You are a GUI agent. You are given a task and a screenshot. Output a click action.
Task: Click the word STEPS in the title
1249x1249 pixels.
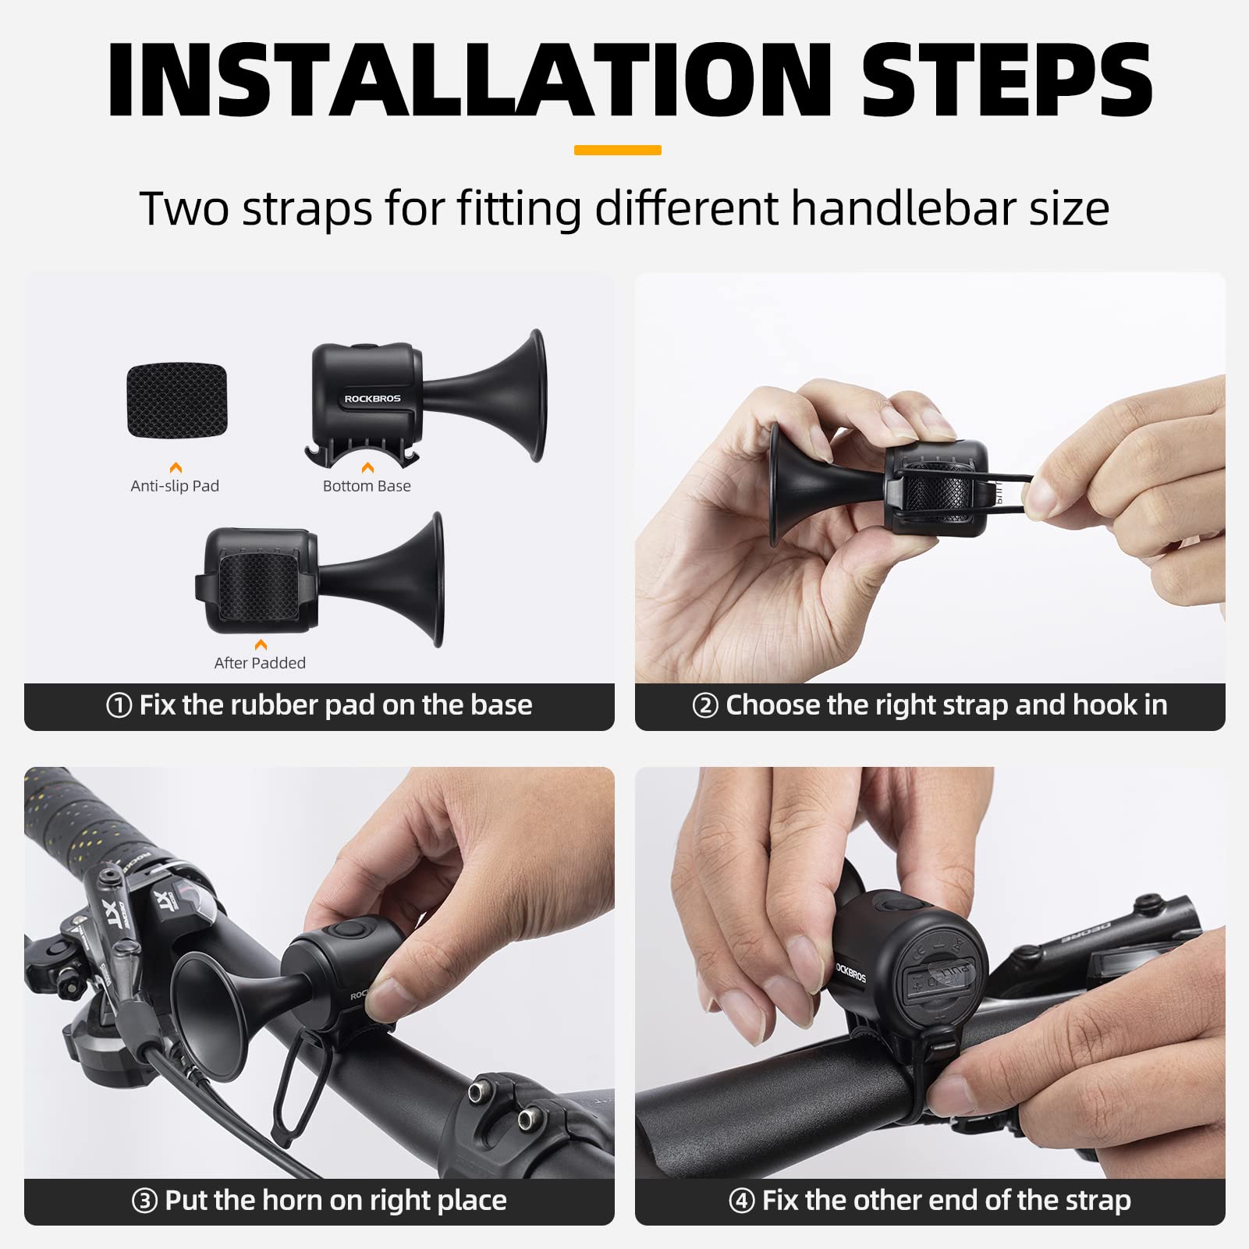1006,80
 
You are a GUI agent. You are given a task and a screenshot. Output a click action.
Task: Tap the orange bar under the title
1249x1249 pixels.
617,150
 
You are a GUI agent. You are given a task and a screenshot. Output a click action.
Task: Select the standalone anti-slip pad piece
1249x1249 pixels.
177,399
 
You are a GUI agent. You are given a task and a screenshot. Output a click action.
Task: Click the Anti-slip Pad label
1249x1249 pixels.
175,486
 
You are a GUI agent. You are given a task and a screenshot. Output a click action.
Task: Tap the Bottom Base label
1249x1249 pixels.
367,486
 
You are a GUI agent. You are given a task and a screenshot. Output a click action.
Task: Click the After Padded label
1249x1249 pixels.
260,663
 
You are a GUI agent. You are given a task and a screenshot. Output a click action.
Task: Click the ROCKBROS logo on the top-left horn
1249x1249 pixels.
372,399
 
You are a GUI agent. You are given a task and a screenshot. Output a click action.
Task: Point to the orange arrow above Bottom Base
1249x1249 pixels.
367,467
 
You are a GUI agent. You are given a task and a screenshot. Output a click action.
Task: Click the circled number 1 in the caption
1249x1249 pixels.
119,706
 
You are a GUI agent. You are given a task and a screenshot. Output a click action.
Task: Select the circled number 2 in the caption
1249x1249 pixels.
705,706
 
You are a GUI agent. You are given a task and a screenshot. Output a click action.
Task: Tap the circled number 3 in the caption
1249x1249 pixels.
144,1201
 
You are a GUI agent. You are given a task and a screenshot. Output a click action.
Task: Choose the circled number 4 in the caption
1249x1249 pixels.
741,1201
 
